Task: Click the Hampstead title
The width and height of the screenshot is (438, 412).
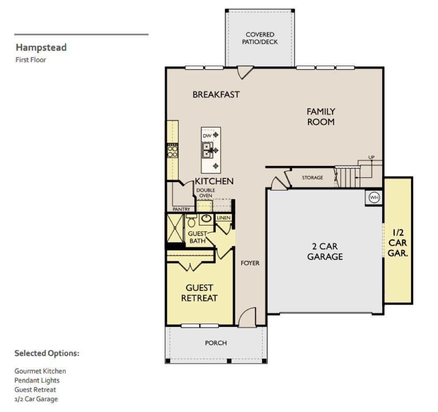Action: tap(41, 48)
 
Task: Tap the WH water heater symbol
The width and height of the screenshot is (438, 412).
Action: tap(374, 197)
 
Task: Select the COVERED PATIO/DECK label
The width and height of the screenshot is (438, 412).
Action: tap(260, 38)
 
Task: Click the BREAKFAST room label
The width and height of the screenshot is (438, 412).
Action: tap(216, 94)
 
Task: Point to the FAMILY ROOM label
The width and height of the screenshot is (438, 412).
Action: tap(321, 117)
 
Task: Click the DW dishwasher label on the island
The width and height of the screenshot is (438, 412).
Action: tap(207, 136)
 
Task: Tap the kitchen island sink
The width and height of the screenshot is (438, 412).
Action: tap(207, 150)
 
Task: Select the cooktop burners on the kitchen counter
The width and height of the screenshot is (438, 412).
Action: tap(172, 151)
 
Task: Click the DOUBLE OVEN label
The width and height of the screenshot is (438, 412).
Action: tap(205, 193)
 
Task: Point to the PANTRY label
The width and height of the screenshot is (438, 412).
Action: tap(181, 209)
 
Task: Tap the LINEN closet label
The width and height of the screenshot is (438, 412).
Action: tap(223, 218)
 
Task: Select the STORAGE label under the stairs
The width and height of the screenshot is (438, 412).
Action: tap(313, 178)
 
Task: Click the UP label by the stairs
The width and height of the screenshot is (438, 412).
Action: tap(371, 157)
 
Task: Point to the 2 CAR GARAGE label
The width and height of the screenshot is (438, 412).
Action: tap(324, 252)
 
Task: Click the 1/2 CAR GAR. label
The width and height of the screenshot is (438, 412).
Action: tap(398, 243)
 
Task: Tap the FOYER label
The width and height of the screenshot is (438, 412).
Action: tap(250, 263)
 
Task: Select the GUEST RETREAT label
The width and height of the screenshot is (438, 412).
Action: tap(199, 293)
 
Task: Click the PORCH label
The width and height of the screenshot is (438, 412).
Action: tap(216, 343)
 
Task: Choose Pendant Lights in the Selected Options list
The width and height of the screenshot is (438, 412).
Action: tap(37, 380)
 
